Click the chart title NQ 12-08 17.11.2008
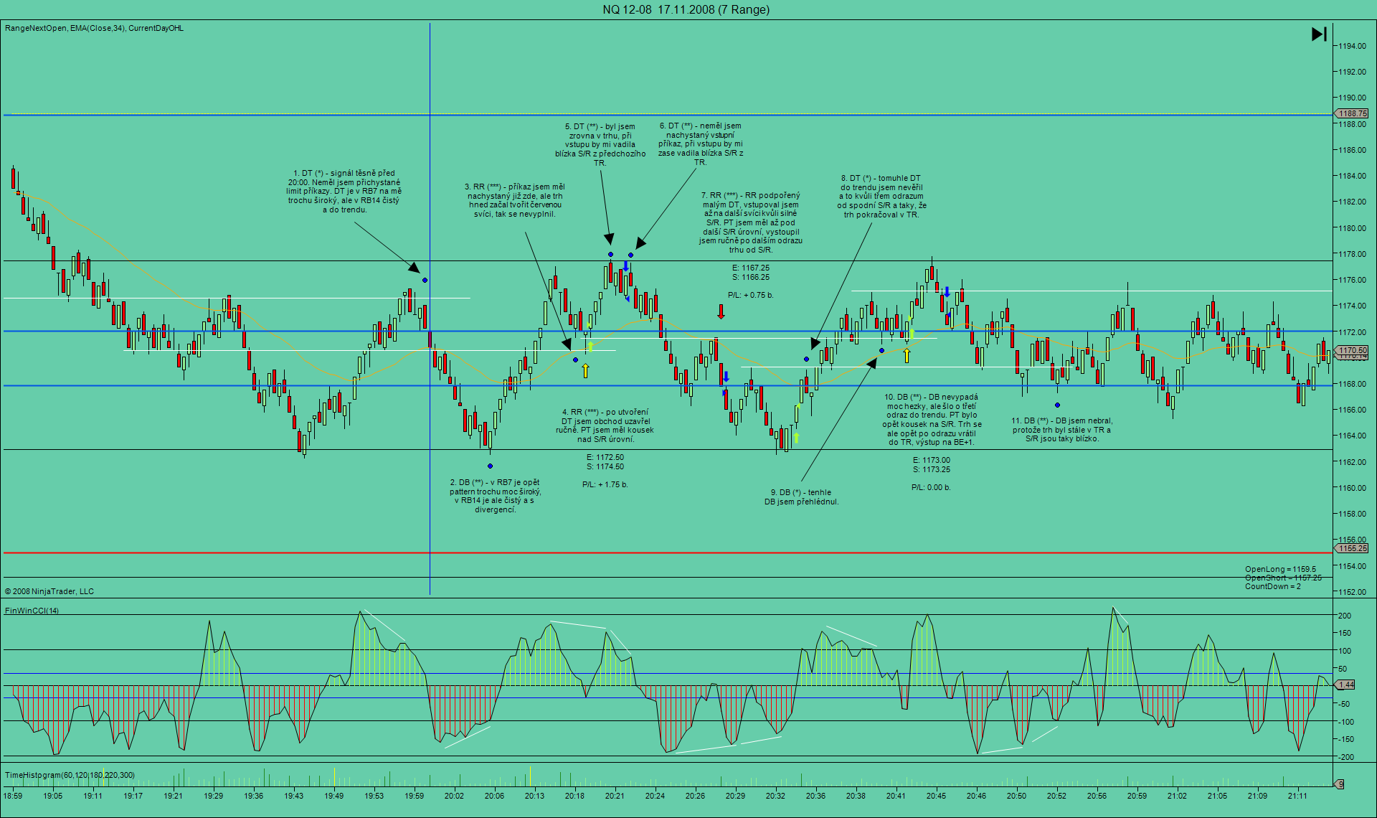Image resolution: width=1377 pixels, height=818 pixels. tap(686, 9)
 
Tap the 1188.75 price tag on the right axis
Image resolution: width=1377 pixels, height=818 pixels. tap(1352, 113)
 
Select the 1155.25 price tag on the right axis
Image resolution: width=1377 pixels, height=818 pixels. tap(1352, 548)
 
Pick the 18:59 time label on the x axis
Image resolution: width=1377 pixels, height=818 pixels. tap(13, 796)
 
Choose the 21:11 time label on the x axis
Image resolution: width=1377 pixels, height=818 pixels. tap(1297, 796)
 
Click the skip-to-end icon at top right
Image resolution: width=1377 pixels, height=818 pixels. tap(1319, 34)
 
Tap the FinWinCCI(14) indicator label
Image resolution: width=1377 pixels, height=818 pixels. tap(32, 611)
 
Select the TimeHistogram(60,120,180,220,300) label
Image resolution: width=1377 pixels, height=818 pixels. tap(70, 775)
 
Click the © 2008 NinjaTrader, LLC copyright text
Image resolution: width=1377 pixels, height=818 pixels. tap(49, 591)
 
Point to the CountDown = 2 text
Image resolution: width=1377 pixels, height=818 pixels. tap(1272, 586)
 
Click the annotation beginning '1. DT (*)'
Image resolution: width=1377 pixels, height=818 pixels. tap(344, 191)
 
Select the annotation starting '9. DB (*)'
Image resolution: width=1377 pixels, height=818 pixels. tap(801, 497)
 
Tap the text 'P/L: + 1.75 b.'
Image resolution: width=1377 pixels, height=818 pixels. tap(605, 484)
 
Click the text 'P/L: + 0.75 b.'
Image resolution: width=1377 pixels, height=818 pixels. tap(750, 295)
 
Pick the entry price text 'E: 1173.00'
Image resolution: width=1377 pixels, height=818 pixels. tap(931, 460)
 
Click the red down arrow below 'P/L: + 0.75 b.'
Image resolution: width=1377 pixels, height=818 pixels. tap(721, 311)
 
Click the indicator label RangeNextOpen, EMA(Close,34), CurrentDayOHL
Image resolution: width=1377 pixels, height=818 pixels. tap(94, 28)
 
